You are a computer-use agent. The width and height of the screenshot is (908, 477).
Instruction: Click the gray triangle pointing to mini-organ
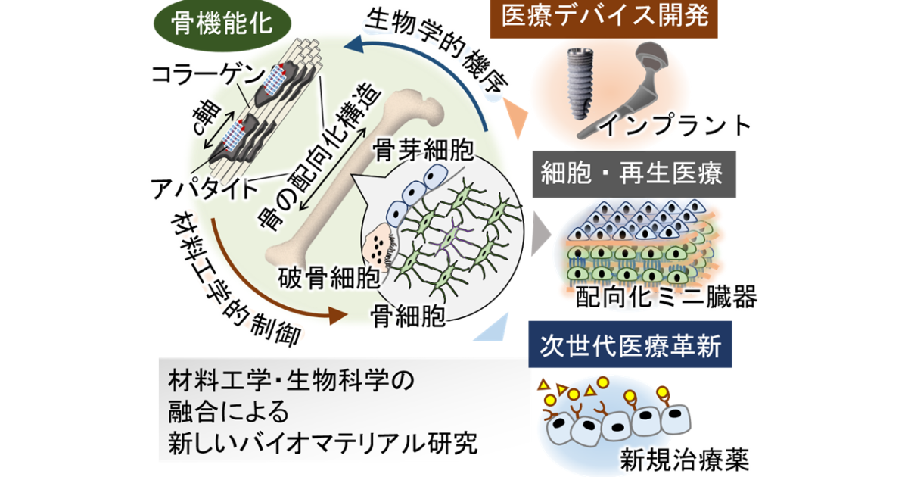(540, 234)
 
